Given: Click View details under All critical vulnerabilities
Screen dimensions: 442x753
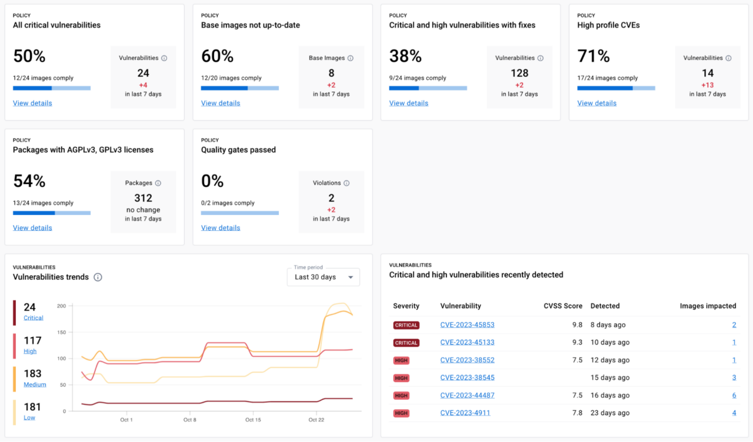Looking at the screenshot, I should [x=32, y=103].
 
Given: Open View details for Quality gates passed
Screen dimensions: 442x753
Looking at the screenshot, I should [x=221, y=227].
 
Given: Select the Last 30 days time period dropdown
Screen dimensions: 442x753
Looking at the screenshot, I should [x=323, y=277].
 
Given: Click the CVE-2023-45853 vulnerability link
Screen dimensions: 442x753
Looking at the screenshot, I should [x=467, y=325].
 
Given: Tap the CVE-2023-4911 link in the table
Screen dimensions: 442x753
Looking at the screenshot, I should [x=465, y=413].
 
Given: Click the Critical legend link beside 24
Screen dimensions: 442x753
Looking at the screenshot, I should [x=34, y=318].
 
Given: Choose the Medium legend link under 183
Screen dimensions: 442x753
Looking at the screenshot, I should [x=35, y=384].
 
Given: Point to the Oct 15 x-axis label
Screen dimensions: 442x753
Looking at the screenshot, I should [x=253, y=420].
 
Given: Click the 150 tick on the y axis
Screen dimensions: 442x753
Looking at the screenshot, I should [x=61, y=332].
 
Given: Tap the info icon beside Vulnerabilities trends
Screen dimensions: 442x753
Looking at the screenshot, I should [x=98, y=277].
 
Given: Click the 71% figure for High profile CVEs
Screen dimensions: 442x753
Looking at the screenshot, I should [x=594, y=56].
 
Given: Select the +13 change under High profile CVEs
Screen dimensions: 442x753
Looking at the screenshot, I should [x=708, y=85].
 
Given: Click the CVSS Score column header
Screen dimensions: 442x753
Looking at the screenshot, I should [x=563, y=306].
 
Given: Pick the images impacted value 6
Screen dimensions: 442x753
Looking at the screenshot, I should [x=734, y=396].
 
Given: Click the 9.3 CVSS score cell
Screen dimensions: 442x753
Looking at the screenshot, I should [x=577, y=343].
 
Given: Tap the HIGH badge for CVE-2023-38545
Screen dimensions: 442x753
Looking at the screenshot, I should [x=401, y=378].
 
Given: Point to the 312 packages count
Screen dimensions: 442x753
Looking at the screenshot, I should [x=143, y=198].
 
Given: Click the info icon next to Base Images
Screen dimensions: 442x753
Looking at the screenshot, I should [x=351, y=58].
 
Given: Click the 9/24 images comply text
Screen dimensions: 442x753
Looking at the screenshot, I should [x=418, y=78].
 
